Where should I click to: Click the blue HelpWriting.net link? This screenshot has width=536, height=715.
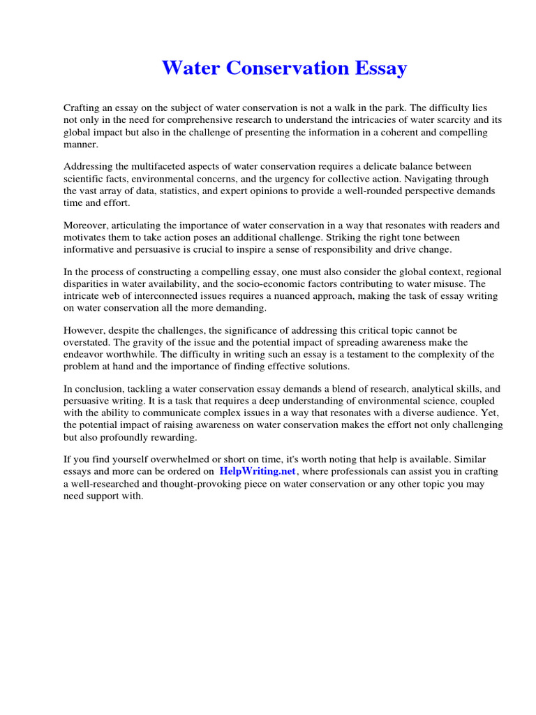coord(258,471)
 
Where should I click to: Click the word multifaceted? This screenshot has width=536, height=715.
coord(147,166)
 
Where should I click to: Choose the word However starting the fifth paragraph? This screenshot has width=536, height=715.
coord(86,330)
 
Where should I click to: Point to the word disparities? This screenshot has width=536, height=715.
coord(88,284)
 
